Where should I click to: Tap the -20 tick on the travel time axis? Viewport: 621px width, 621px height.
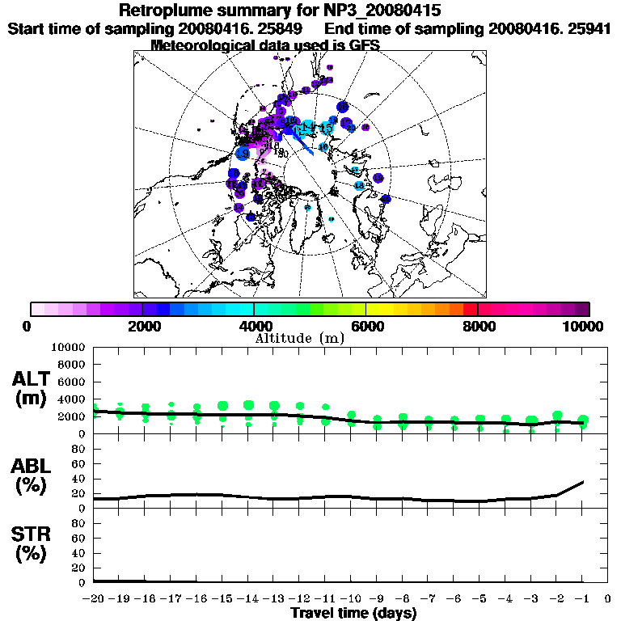pos(94,599)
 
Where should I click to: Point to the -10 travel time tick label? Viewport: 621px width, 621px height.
pos(351,599)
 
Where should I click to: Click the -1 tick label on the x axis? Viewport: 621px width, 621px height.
pos(582,599)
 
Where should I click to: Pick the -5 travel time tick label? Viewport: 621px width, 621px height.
pos(479,599)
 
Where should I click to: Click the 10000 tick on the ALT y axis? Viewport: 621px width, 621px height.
pos(68,347)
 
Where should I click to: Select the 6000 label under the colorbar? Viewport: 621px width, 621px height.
pos(366,326)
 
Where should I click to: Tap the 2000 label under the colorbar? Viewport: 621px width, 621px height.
pos(142,326)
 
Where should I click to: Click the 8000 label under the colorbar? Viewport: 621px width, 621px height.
pos(478,326)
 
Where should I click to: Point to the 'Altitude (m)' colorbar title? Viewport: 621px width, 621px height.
pos(300,338)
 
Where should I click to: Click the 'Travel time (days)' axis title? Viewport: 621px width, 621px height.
pos(353,614)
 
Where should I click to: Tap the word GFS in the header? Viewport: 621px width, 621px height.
pos(363,44)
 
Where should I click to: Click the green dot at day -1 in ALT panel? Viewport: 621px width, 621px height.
pos(583,420)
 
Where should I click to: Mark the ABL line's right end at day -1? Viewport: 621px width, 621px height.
pos(583,482)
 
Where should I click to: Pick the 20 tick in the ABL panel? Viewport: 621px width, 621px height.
pos(81,493)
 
